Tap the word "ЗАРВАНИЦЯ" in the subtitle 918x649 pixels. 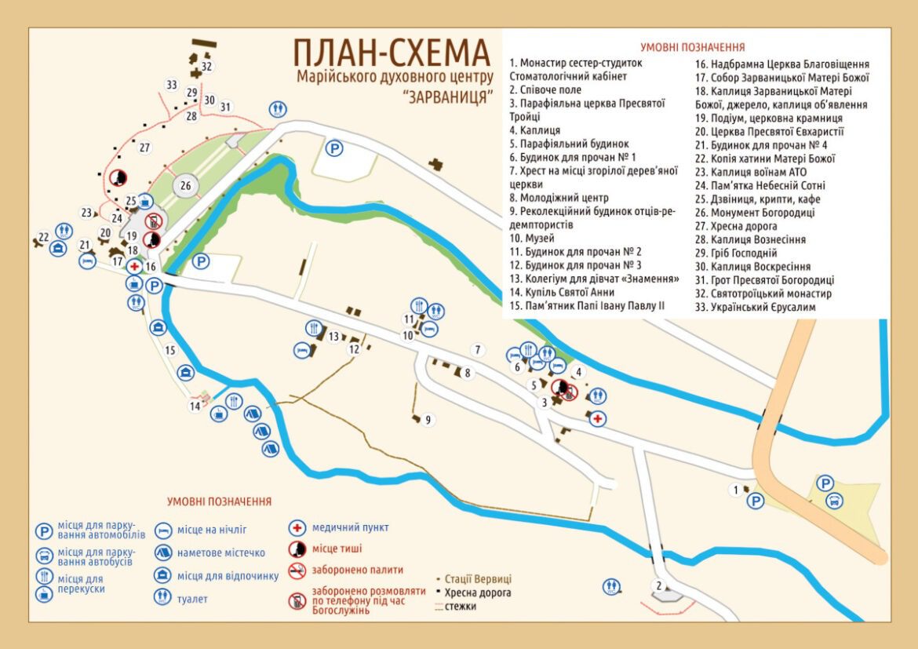(447, 97)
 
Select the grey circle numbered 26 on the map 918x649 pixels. (186, 186)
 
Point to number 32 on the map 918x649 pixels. (206, 67)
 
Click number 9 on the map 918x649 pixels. (428, 420)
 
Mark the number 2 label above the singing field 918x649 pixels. (660, 585)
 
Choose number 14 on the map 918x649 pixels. (194, 406)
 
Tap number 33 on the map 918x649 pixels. (172, 84)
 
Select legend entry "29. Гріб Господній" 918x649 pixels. (736, 253)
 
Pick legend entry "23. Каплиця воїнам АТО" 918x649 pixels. (751, 172)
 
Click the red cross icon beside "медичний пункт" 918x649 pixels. (297, 527)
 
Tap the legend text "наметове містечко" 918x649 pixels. (220, 552)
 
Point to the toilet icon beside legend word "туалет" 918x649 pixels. (164, 598)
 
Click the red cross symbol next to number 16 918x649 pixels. (134, 266)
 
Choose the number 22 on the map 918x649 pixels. (44, 236)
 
